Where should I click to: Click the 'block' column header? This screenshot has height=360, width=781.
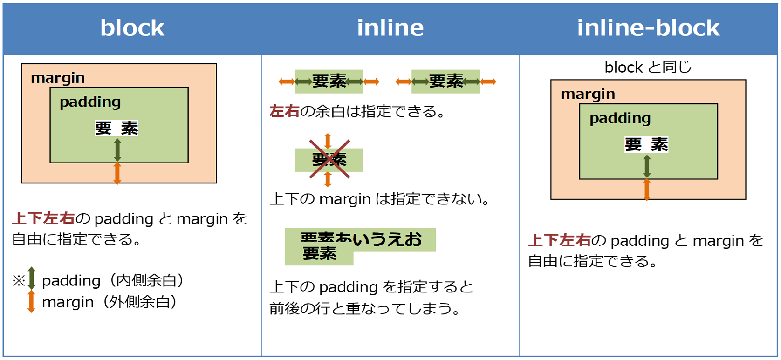(x=132, y=28)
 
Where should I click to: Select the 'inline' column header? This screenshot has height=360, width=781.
(x=390, y=28)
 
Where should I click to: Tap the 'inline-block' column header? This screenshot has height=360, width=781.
(x=648, y=28)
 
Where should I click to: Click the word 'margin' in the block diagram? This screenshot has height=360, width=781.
(x=58, y=78)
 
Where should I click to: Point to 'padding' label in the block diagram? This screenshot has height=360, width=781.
(x=90, y=102)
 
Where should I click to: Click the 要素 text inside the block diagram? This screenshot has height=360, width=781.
(x=116, y=128)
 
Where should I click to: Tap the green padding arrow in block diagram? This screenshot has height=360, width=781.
(x=117, y=150)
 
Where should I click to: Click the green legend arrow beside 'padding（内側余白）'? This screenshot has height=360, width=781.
(x=32, y=278)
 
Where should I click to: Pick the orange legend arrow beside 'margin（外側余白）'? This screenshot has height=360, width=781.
(x=31, y=301)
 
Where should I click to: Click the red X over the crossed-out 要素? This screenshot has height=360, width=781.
(x=329, y=159)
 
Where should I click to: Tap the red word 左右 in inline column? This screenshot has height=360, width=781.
(x=284, y=111)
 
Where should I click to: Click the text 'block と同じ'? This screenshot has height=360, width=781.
(x=648, y=68)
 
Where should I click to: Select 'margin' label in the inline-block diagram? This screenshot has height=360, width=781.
(x=588, y=94)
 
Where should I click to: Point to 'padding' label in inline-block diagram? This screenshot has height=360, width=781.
(x=620, y=118)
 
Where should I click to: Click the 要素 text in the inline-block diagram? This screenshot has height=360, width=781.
(x=646, y=144)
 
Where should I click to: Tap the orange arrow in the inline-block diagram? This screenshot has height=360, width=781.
(x=647, y=190)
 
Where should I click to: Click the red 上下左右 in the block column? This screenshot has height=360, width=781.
(x=43, y=218)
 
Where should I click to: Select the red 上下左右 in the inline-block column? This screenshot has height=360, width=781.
(x=559, y=240)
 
